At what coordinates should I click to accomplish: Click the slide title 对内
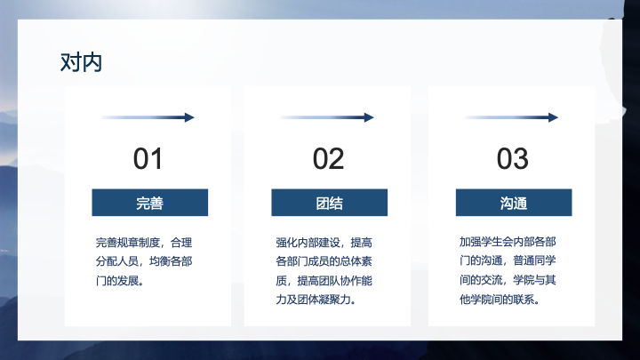(x=81, y=62)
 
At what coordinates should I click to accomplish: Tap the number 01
(x=148, y=159)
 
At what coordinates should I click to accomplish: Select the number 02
(x=328, y=159)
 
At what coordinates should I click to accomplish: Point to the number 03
(x=512, y=159)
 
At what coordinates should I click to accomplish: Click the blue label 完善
(x=150, y=203)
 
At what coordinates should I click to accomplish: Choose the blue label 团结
(x=330, y=203)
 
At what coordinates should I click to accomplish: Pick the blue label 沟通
(x=514, y=203)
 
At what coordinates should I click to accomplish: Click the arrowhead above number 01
(x=189, y=117)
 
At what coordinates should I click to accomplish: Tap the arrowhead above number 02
(x=369, y=117)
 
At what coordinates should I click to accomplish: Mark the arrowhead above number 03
(x=553, y=117)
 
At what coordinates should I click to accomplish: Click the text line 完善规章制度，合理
(x=144, y=243)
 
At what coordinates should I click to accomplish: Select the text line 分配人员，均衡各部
(x=144, y=261)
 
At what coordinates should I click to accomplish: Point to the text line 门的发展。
(x=120, y=281)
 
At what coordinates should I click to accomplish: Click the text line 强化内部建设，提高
(x=324, y=243)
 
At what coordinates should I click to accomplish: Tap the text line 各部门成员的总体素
(x=324, y=261)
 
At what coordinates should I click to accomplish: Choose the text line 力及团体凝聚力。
(x=316, y=300)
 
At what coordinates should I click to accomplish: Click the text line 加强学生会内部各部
(x=508, y=242)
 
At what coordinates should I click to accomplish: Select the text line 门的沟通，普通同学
(x=508, y=260)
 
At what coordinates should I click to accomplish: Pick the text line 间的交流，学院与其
(x=508, y=280)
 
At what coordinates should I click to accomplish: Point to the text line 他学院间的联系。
(x=500, y=300)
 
